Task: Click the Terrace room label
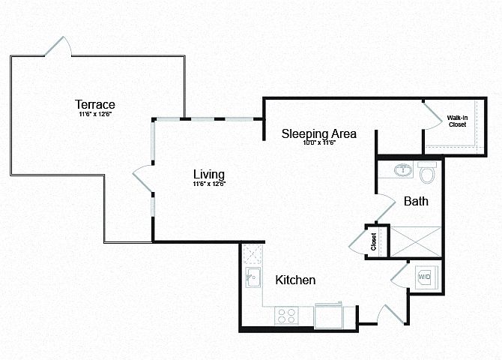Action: click(x=94, y=103)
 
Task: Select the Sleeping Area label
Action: click(x=318, y=133)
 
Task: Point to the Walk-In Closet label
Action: click(x=457, y=121)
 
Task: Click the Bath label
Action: click(x=415, y=201)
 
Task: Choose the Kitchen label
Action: click(x=295, y=280)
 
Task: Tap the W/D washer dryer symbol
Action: click(x=425, y=277)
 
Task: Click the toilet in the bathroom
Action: click(x=428, y=174)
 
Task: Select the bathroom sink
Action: click(x=403, y=170)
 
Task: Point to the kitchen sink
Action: click(x=252, y=277)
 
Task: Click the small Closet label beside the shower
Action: click(x=373, y=241)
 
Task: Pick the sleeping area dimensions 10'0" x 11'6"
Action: click(x=318, y=143)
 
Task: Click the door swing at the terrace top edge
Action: click(x=58, y=46)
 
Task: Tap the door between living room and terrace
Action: click(x=142, y=179)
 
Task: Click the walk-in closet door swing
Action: click(x=432, y=116)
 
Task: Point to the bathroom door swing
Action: click(x=384, y=203)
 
